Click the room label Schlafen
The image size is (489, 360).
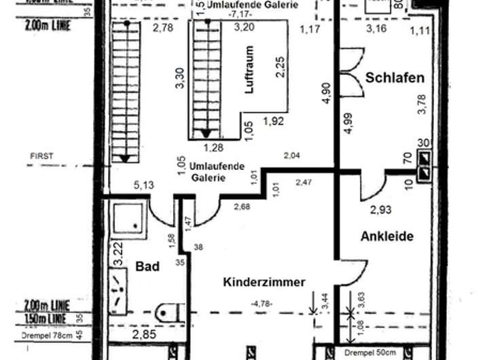pos(395,77)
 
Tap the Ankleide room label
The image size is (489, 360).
pos(386,236)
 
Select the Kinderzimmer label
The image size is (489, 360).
pos(264,282)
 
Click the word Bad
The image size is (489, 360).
pos(147,266)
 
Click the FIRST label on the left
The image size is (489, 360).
pos(41,156)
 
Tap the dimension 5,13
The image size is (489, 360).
pos(143,184)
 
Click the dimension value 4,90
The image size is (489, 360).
pos(326,92)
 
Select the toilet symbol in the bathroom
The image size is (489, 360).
pos(167,313)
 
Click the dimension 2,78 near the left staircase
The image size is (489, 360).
pos(163,28)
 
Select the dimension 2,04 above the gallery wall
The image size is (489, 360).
pos(291,156)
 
